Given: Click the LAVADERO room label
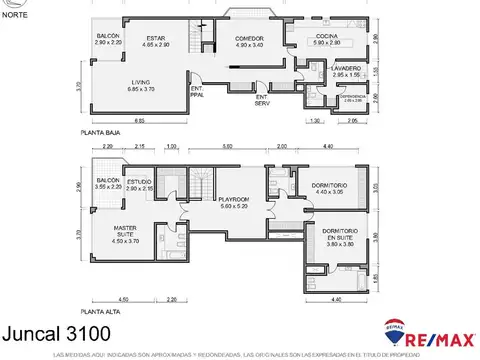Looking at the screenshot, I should [325, 72].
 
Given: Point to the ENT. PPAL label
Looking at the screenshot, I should [196, 92].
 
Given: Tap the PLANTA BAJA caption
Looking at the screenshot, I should [102, 131].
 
